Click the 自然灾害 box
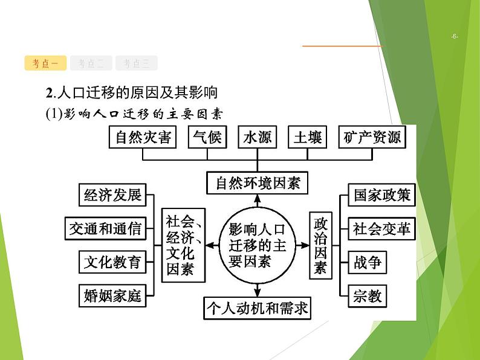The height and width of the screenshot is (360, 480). (x=143, y=138)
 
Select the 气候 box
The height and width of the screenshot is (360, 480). (x=207, y=138)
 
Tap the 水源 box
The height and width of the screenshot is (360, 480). (x=257, y=138)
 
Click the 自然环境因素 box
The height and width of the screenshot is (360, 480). (x=258, y=182)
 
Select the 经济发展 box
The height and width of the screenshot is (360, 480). (x=112, y=195)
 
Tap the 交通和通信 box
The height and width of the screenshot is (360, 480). (x=105, y=228)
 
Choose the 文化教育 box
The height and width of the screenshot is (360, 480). (x=112, y=262)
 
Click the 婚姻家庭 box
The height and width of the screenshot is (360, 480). (x=112, y=295)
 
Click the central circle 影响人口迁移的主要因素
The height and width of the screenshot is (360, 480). (x=258, y=245)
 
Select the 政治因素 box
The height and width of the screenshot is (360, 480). (x=320, y=245)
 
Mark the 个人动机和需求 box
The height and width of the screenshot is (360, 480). (x=258, y=309)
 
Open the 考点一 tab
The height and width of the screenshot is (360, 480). (x=45, y=63)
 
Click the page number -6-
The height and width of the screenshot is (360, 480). (x=455, y=37)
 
